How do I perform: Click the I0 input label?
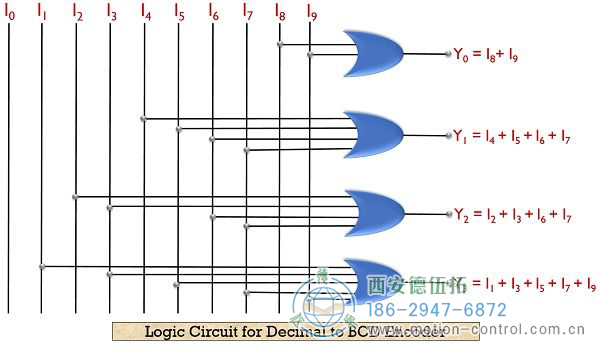coord(10,14)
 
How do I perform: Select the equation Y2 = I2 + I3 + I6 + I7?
coord(512,214)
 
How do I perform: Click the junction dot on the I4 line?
coord(145,119)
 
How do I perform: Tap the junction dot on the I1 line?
coord(42,266)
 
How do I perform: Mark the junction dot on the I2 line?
coord(76,196)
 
